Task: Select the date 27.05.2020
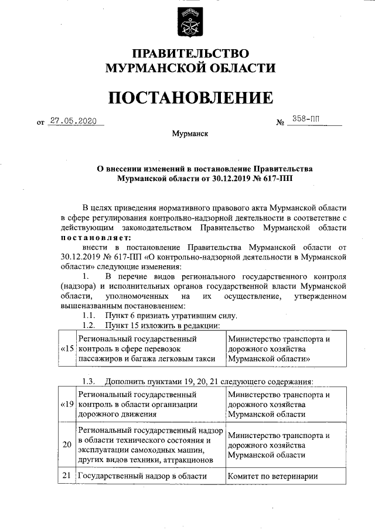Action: click(x=73, y=120)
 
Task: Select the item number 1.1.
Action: click(x=91, y=315)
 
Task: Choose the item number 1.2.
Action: click(x=91, y=325)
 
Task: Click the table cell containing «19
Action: click(x=68, y=404)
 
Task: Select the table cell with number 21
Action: click(x=68, y=476)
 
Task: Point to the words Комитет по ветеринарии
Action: click(x=272, y=476)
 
